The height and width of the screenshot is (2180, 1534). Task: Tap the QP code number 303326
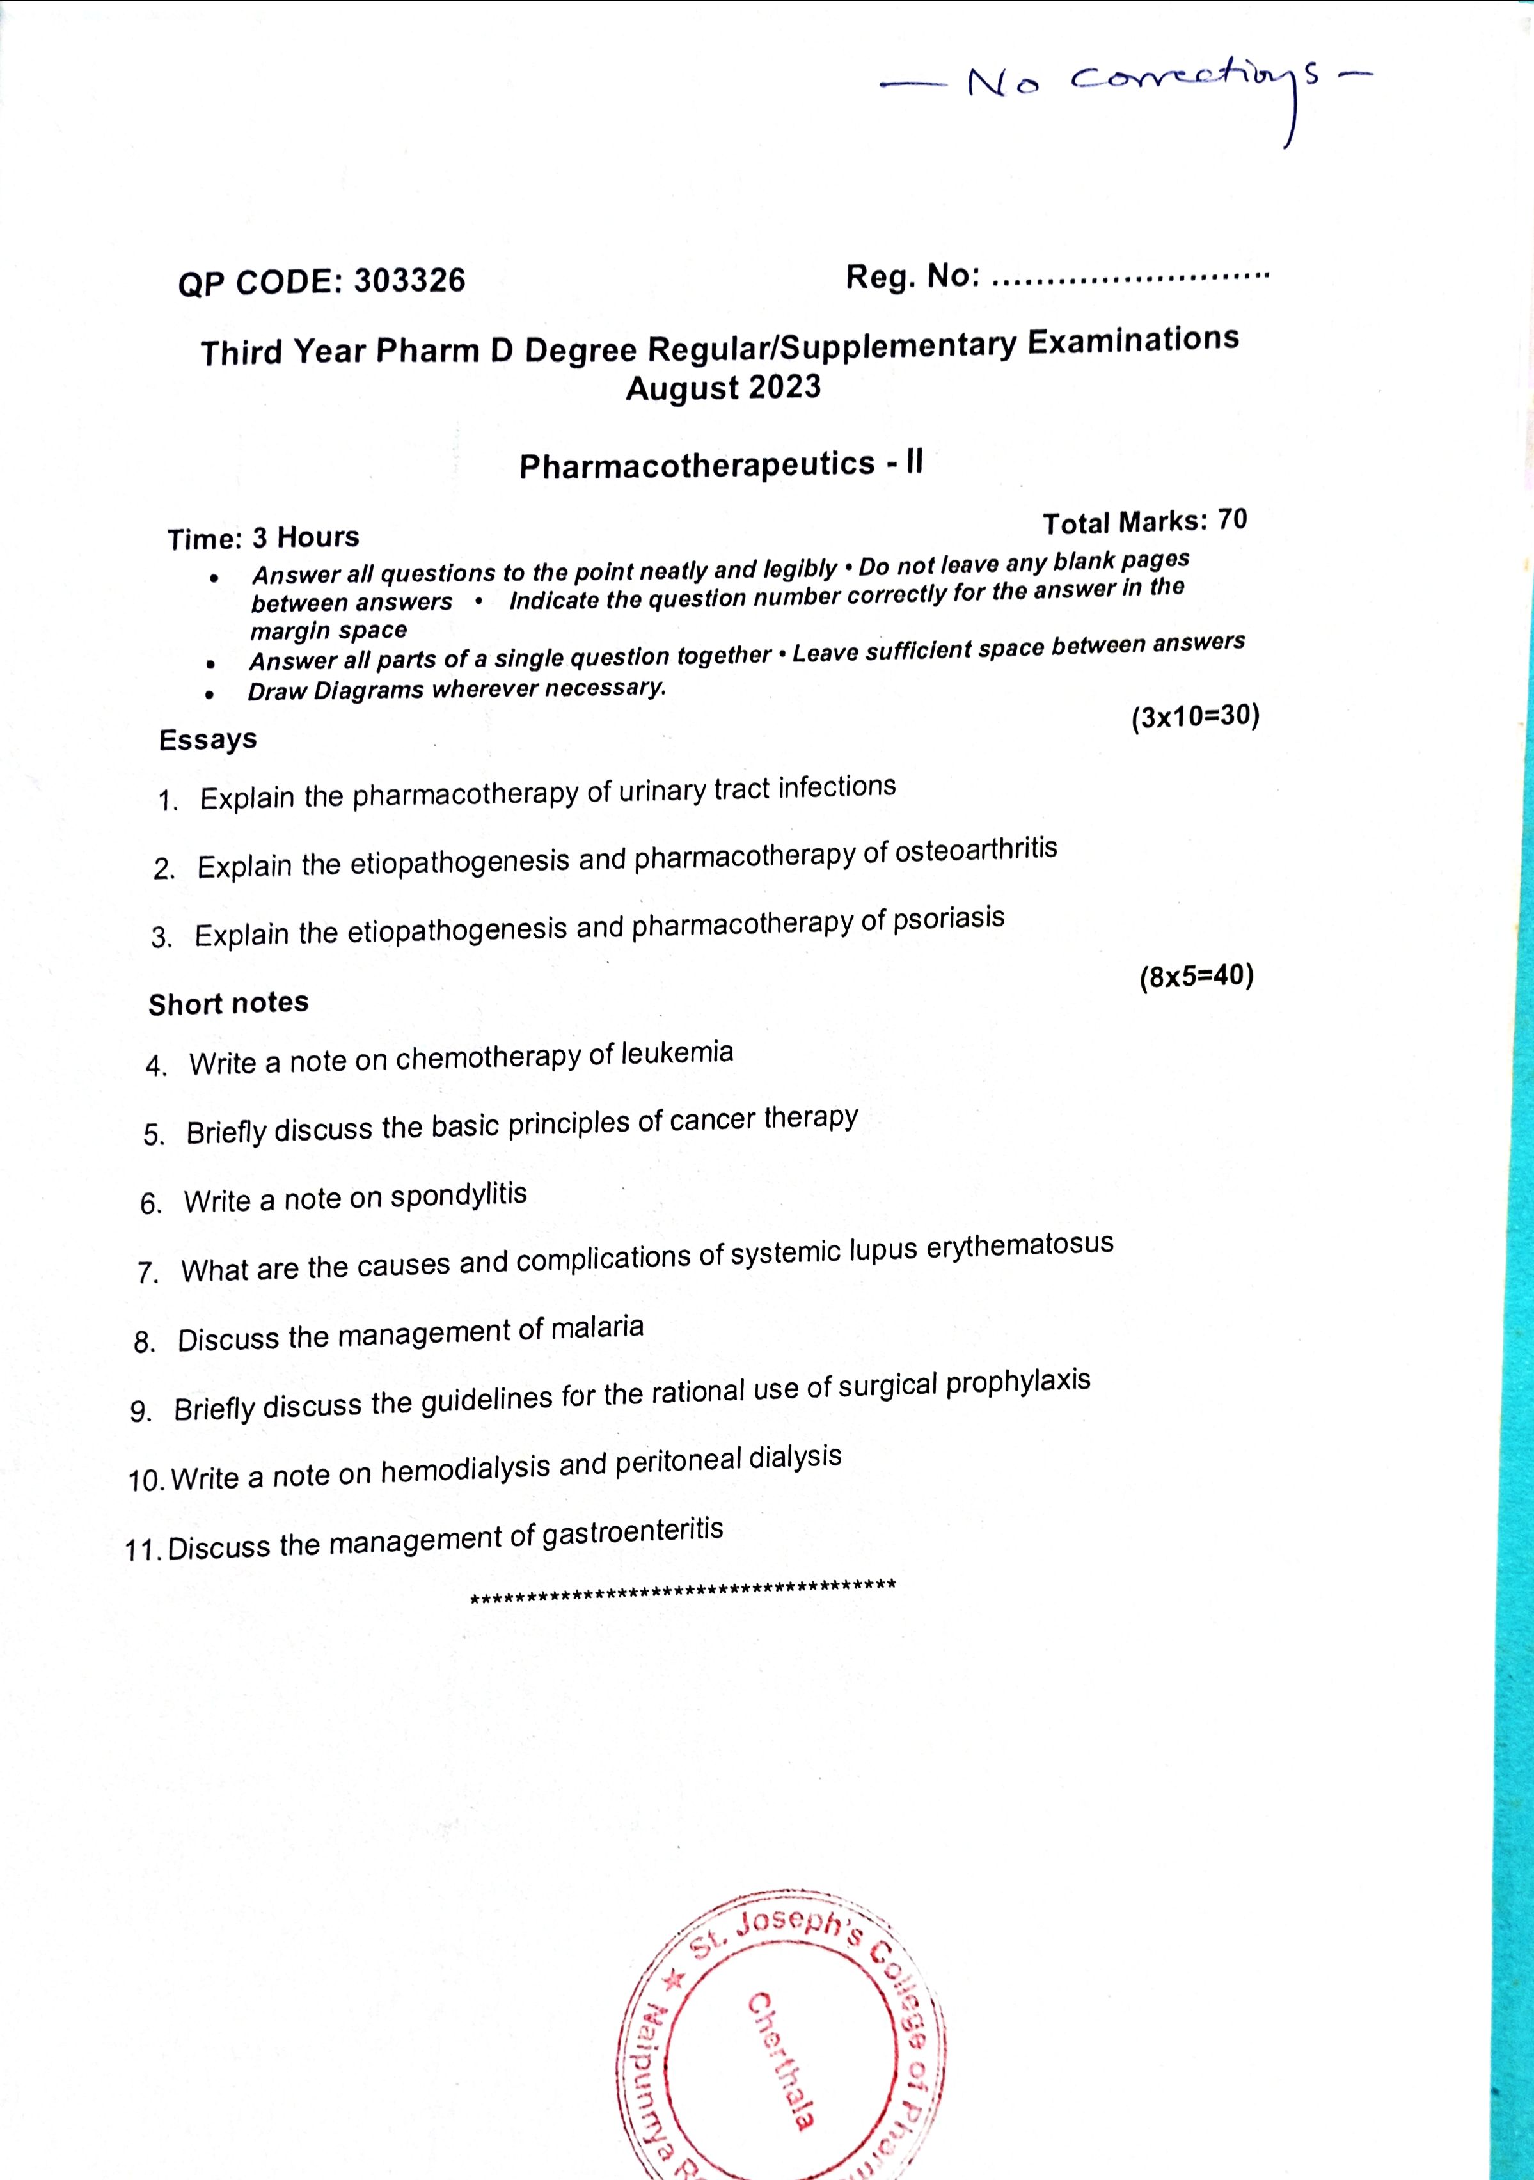click(409, 281)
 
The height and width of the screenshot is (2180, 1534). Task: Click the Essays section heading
click(208, 739)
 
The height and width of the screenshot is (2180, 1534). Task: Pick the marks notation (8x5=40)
click(1196, 977)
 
